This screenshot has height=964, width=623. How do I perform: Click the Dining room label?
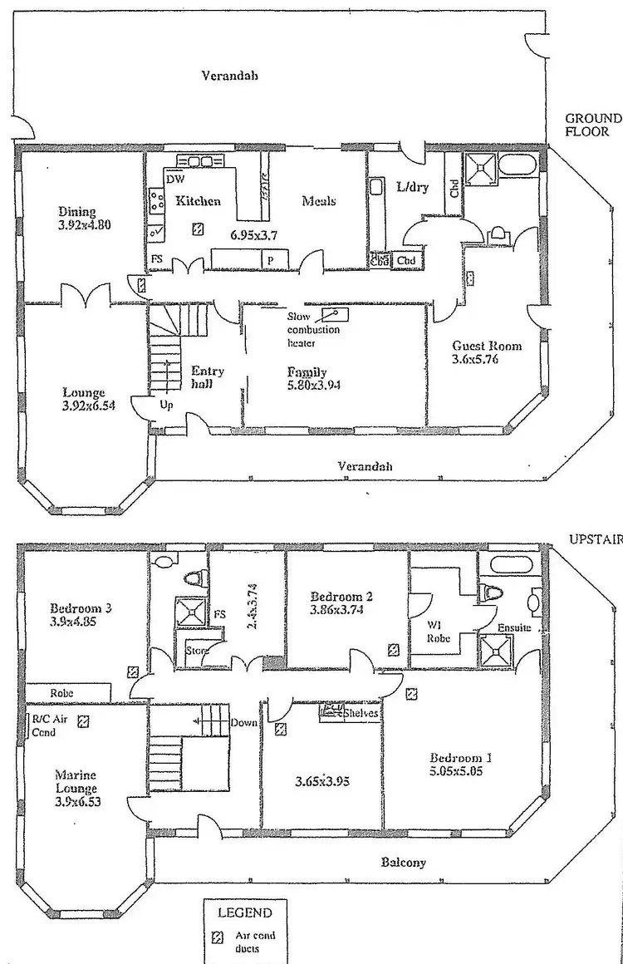click(x=76, y=211)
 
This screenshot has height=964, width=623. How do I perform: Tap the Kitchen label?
click(x=198, y=200)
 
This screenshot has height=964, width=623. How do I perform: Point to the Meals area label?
click(x=319, y=200)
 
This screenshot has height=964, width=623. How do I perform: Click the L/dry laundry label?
click(x=413, y=187)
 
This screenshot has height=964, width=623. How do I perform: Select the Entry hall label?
click(x=207, y=379)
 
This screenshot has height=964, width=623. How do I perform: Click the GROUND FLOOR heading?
click(x=593, y=124)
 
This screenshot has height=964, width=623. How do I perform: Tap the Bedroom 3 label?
click(x=81, y=607)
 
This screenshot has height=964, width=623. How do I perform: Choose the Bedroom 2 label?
click(x=341, y=596)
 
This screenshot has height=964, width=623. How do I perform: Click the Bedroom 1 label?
click(x=461, y=757)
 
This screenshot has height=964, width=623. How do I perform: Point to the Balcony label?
click(x=404, y=862)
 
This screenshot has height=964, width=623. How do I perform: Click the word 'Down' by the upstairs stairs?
click(x=244, y=722)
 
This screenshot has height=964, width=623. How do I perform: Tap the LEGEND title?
click(x=244, y=912)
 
